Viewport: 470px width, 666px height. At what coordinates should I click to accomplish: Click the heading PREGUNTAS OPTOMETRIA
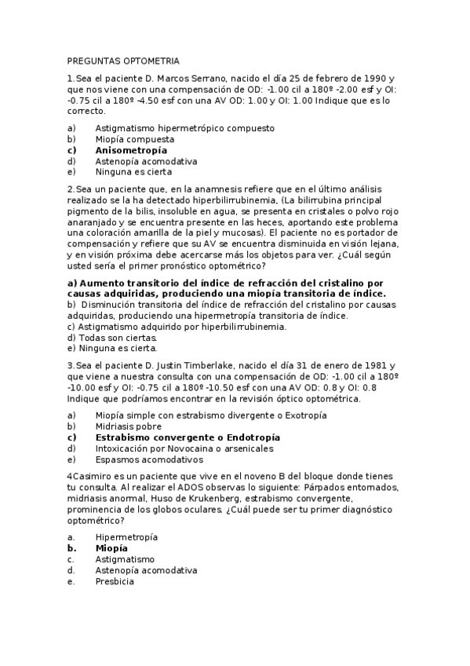(x=123, y=60)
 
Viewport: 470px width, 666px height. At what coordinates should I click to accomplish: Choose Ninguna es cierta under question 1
(x=133, y=171)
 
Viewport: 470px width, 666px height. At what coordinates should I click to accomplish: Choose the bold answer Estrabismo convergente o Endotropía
(x=188, y=437)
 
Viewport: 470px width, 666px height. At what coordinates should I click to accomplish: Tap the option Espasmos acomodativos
(x=149, y=459)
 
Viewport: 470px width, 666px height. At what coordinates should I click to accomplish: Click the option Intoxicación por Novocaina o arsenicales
(x=184, y=448)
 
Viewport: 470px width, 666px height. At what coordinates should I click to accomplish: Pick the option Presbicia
(x=115, y=581)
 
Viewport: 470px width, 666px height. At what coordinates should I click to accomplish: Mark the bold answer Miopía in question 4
(x=111, y=548)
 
